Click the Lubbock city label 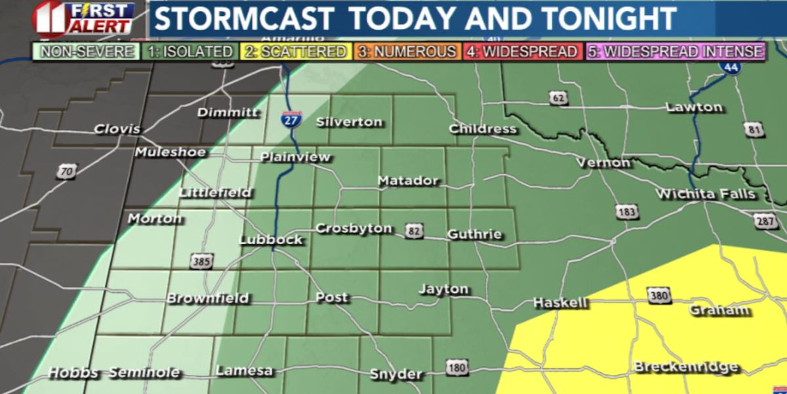pos(271,240)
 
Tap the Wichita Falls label pos(705,194)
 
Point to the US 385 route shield pos(201,262)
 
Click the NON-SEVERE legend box pos(87,52)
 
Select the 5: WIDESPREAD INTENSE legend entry pos(675,52)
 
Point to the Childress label pos(483,129)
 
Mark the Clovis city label pos(117,129)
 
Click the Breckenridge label pos(685,367)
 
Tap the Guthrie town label pos(475,234)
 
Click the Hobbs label pos(73,373)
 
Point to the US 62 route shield pos(558,98)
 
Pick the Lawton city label pos(694,107)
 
